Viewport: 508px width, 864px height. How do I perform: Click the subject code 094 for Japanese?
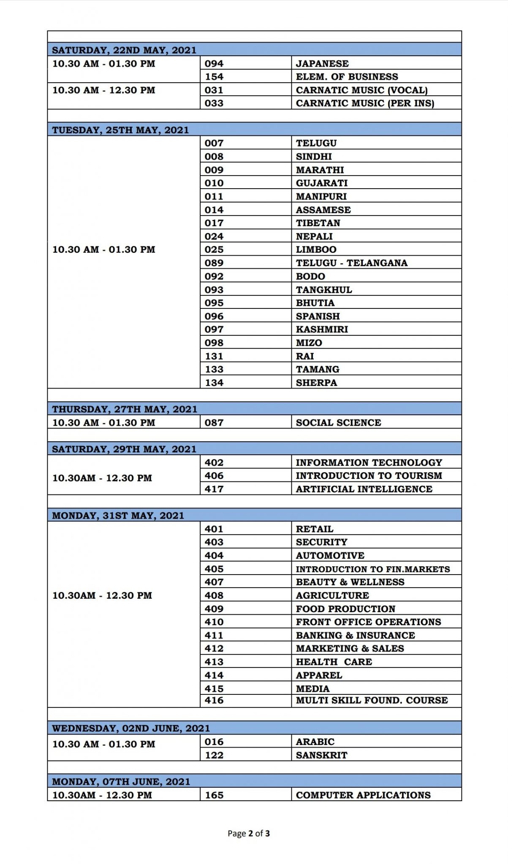click(214, 64)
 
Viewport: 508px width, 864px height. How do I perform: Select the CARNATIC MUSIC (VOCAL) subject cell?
click(361, 90)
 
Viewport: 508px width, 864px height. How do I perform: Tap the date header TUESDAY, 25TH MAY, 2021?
click(120, 130)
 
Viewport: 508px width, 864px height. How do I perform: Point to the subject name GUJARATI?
click(322, 183)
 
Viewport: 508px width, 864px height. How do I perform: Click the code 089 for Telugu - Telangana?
click(214, 263)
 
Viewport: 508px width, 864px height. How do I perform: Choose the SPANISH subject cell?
click(318, 316)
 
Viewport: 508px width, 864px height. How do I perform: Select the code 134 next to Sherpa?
click(214, 383)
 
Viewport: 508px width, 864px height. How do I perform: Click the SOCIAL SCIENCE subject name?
click(338, 423)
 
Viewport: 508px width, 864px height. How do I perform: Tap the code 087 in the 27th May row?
click(214, 423)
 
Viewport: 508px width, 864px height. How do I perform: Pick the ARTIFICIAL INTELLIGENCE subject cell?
click(364, 489)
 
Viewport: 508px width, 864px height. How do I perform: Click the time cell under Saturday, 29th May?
click(102, 478)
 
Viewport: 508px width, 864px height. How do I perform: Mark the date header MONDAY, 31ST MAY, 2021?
click(118, 516)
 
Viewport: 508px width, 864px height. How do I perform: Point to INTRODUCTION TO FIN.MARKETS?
click(373, 569)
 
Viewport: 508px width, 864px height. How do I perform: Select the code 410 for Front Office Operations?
click(214, 622)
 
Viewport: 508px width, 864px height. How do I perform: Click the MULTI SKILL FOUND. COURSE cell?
click(372, 700)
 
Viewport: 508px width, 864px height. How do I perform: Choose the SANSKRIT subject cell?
click(321, 755)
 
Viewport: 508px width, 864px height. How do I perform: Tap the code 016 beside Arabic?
click(214, 742)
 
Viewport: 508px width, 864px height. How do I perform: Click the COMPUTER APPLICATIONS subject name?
click(363, 795)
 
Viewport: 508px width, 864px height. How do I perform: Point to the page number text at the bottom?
click(249, 833)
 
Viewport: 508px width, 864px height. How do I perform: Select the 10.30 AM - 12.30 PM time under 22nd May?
click(104, 90)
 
